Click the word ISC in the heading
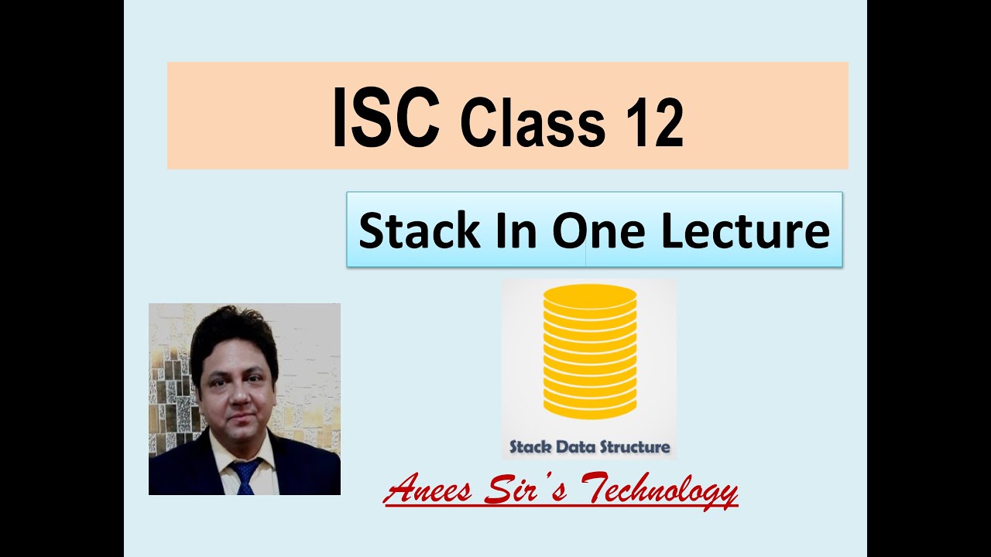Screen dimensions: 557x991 coord(386,118)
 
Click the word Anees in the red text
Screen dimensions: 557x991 coord(429,490)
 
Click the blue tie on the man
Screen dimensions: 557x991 coord(247,475)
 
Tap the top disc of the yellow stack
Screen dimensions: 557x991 coord(590,296)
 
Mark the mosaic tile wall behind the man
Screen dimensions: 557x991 coord(166,387)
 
